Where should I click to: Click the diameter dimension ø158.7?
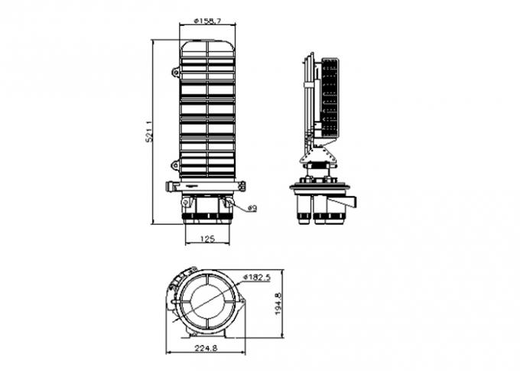click(206, 21)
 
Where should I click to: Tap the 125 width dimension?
click(206, 239)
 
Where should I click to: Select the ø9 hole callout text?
click(252, 207)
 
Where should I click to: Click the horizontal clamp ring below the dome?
click(206, 185)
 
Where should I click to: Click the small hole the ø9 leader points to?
click(228, 203)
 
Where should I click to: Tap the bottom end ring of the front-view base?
click(206, 220)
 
